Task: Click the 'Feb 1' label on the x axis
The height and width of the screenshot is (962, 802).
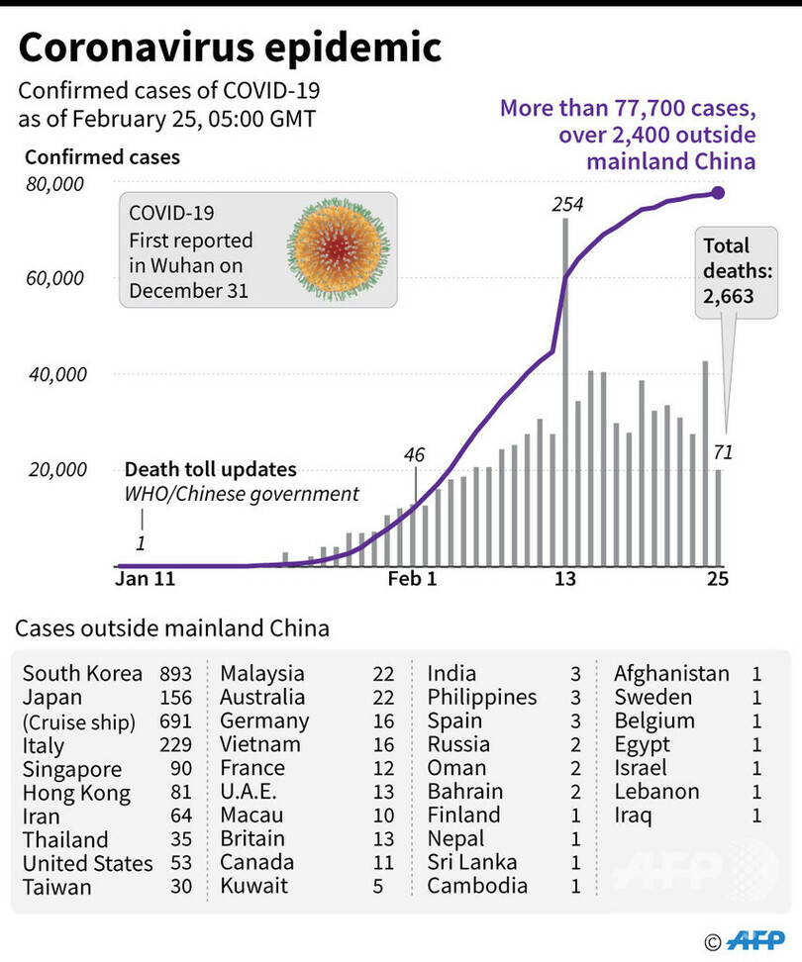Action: click(411, 580)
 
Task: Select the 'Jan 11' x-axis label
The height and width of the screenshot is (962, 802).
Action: click(146, 580)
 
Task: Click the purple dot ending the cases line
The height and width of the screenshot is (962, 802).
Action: click(718, 192)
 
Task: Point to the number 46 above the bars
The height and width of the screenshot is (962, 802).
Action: click(414, 455)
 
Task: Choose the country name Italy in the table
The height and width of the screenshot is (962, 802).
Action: click(44, 745)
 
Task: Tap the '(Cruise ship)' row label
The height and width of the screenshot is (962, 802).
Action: click(79, 721)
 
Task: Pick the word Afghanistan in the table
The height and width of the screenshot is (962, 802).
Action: click(671, 674)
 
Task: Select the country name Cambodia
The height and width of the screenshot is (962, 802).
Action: click(477, 887)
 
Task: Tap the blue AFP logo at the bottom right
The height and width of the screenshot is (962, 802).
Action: click(757, 939)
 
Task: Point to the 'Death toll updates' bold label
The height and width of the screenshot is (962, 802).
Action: click(210, 471)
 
